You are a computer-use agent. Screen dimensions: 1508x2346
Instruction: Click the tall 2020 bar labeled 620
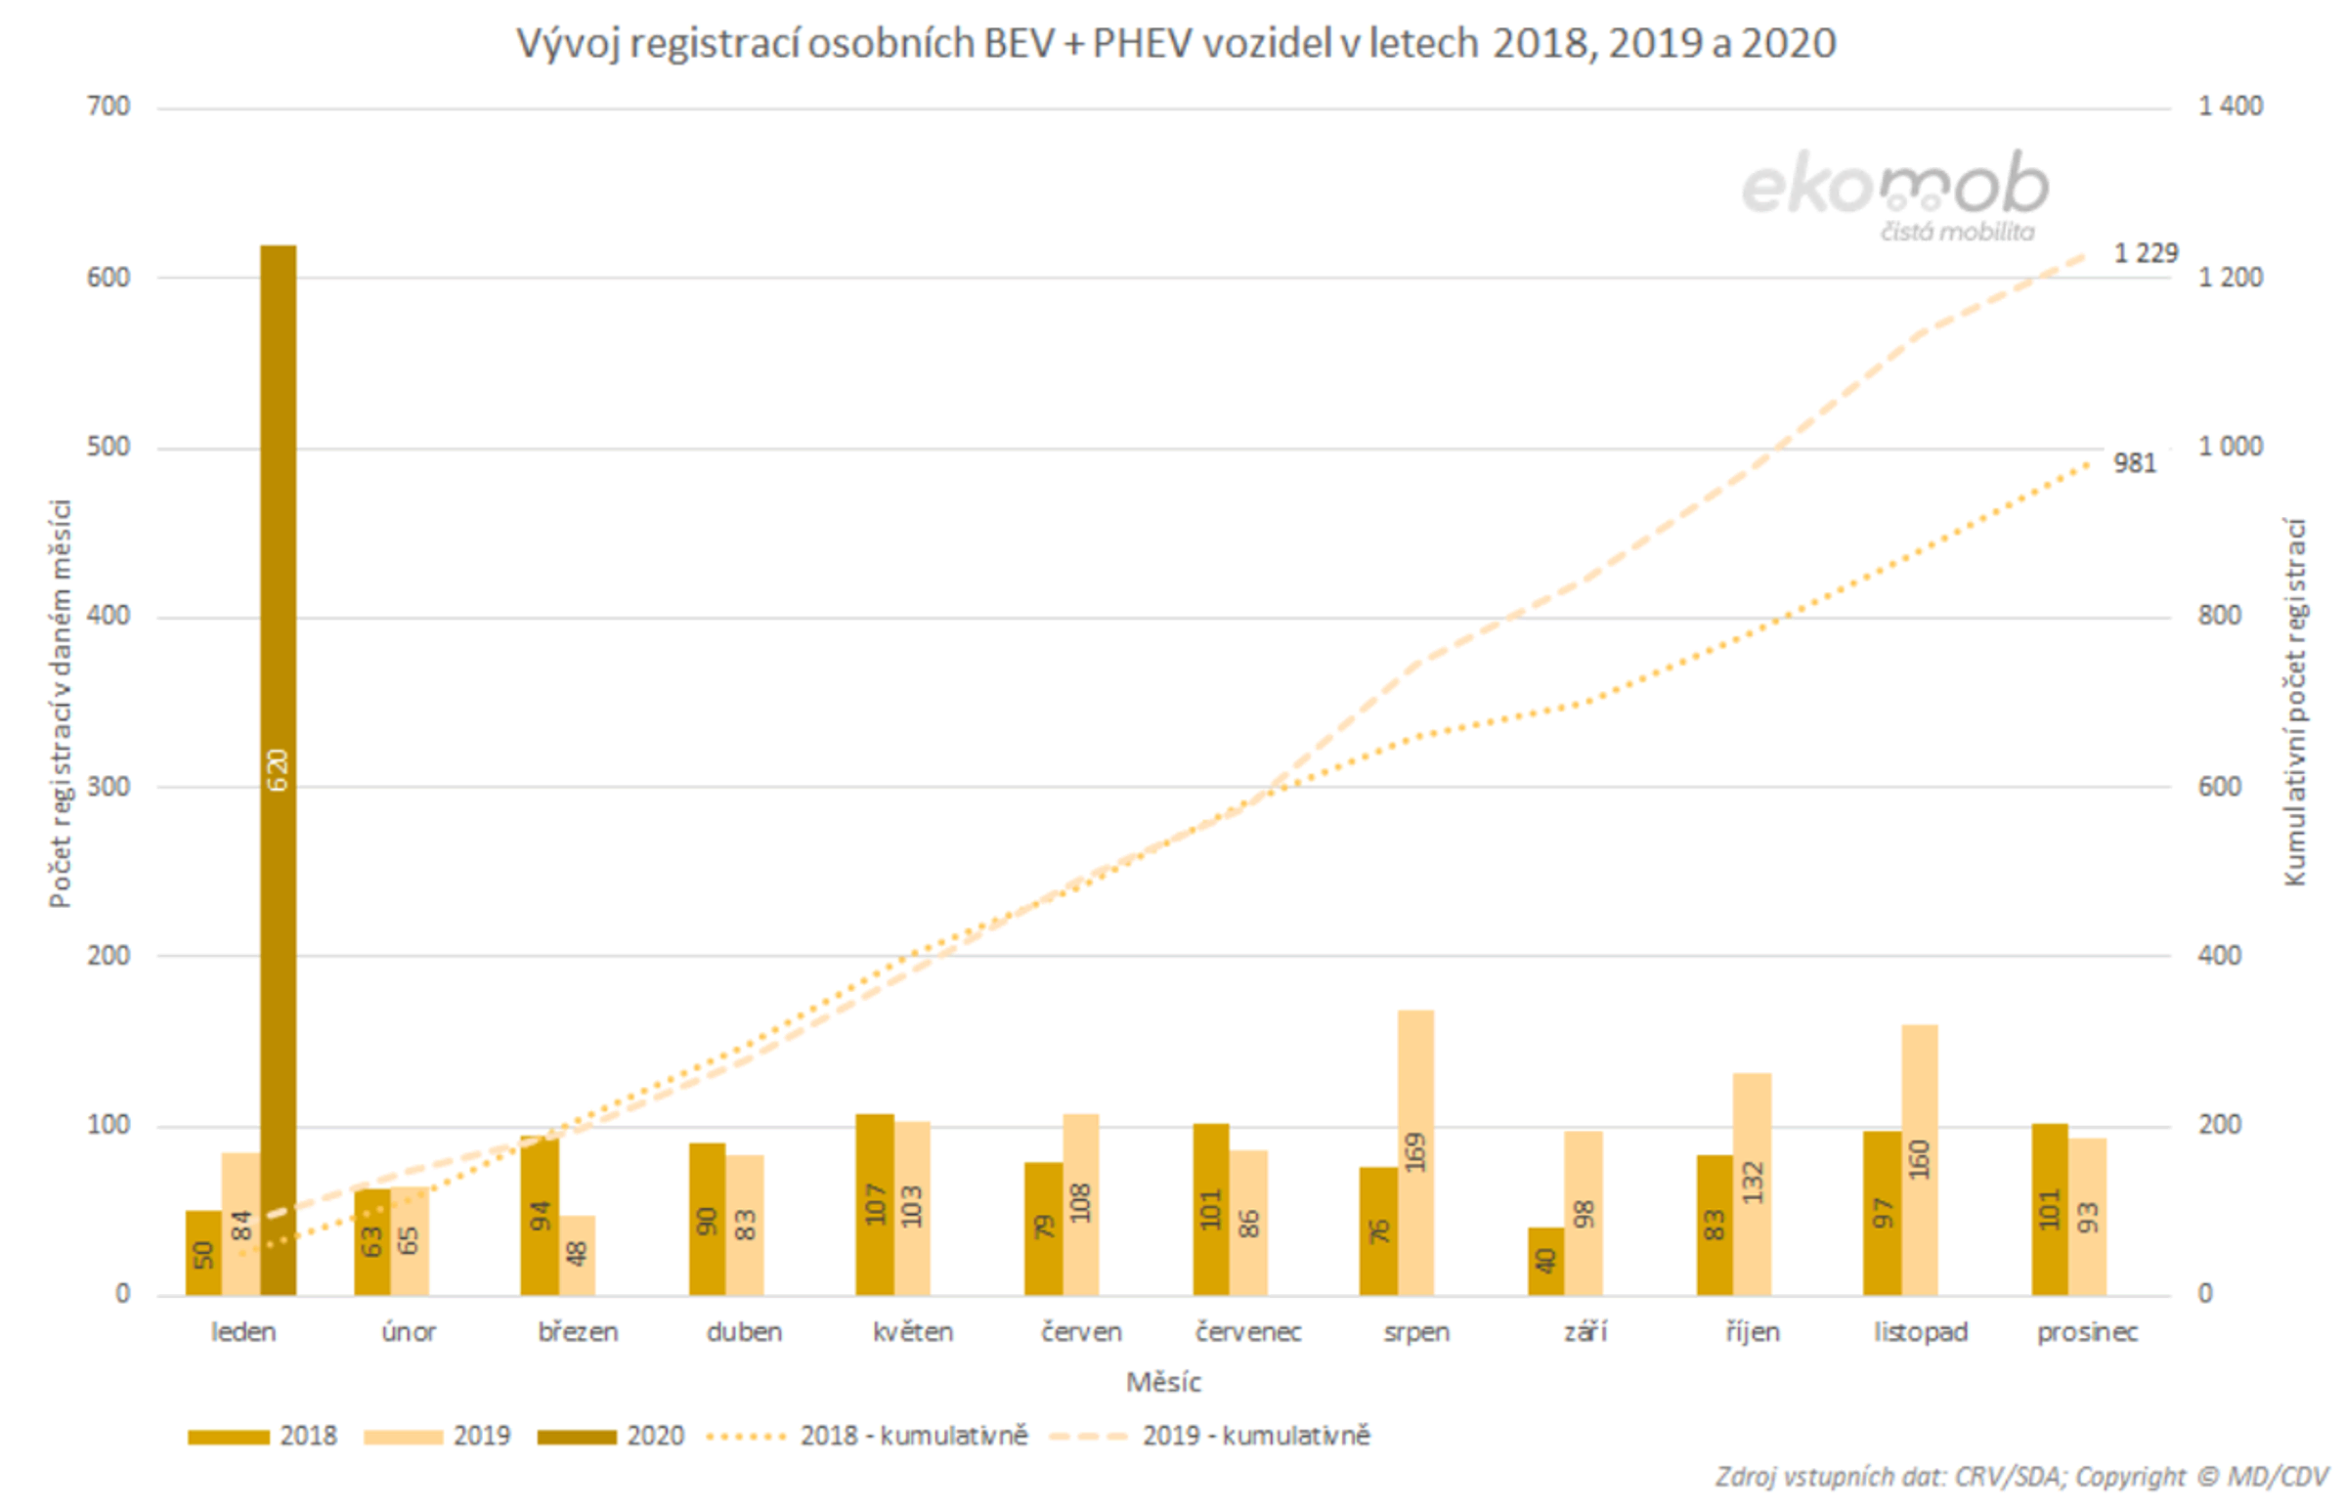[278, 770]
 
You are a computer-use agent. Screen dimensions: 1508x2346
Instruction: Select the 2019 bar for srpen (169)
[1414, 1152]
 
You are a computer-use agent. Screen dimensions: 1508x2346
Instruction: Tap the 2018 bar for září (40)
[1545, 1262]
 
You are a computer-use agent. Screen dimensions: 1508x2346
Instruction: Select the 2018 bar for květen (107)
[874, 1204]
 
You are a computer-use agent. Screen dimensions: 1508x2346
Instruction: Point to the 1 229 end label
[2146, 254]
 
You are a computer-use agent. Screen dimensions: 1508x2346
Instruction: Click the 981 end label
[2135, 463]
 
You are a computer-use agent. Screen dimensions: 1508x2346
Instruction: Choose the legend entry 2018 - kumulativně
[866, 1436]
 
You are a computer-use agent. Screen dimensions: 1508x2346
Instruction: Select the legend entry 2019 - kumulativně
[1209, 1436]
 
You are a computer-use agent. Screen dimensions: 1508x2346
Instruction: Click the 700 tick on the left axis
[108, 106]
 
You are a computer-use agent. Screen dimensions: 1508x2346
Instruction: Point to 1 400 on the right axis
[2230, 106]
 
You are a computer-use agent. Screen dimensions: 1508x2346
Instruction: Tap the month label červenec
[1247, 1332]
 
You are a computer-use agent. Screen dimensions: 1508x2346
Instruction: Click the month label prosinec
[2087, 1332]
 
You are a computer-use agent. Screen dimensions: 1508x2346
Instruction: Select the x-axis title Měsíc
[1163, 1382]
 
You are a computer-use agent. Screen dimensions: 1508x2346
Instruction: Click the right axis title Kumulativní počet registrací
[2294, 701]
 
